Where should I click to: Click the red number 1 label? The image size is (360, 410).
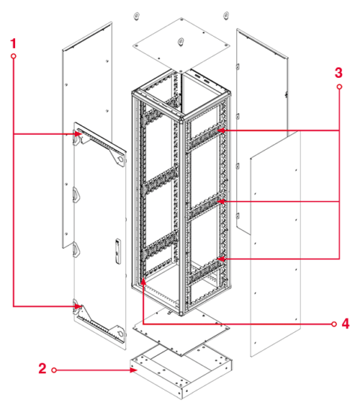12,44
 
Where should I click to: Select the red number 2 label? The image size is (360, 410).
42,369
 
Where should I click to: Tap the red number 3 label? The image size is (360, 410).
339,73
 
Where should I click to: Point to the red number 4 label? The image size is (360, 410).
346,324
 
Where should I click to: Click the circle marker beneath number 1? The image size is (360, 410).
13,57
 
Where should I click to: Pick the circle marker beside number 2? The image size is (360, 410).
54,370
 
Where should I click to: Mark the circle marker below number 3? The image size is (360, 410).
339,87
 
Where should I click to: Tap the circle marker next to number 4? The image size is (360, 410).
334,324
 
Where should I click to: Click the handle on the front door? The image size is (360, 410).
118,250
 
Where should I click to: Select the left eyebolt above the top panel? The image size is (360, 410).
136,16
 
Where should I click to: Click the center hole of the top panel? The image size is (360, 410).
180,43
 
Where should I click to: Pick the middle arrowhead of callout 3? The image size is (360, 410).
220,202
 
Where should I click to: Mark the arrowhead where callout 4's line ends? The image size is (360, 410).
143,282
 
